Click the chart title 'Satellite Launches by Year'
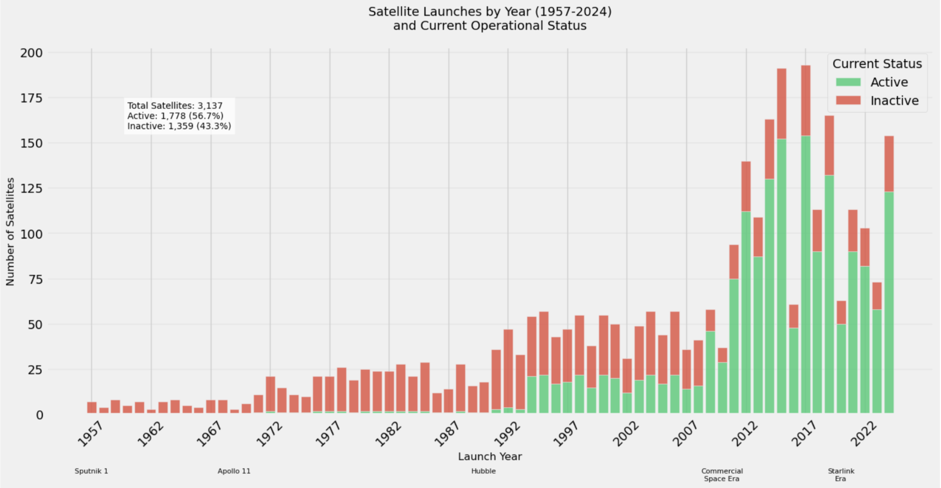coord(490,12)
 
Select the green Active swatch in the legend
coord(848,82)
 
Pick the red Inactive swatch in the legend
coord(848,100)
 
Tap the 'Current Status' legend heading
coord(877,64)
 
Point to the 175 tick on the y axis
coord(31,98)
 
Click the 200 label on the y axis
coord(31,53)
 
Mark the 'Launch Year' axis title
coord(490,456)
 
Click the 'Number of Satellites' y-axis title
coord(10,232)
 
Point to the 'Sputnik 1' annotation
coord(91,471)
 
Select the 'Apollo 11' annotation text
coord(234,471)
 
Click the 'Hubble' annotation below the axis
coord(483,471)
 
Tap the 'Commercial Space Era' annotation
coord(722,475)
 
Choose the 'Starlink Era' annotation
coord(841,475)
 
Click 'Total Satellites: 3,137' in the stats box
coord(175,106)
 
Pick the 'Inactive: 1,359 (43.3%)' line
coord(179,126)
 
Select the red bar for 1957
coord(92,408)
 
